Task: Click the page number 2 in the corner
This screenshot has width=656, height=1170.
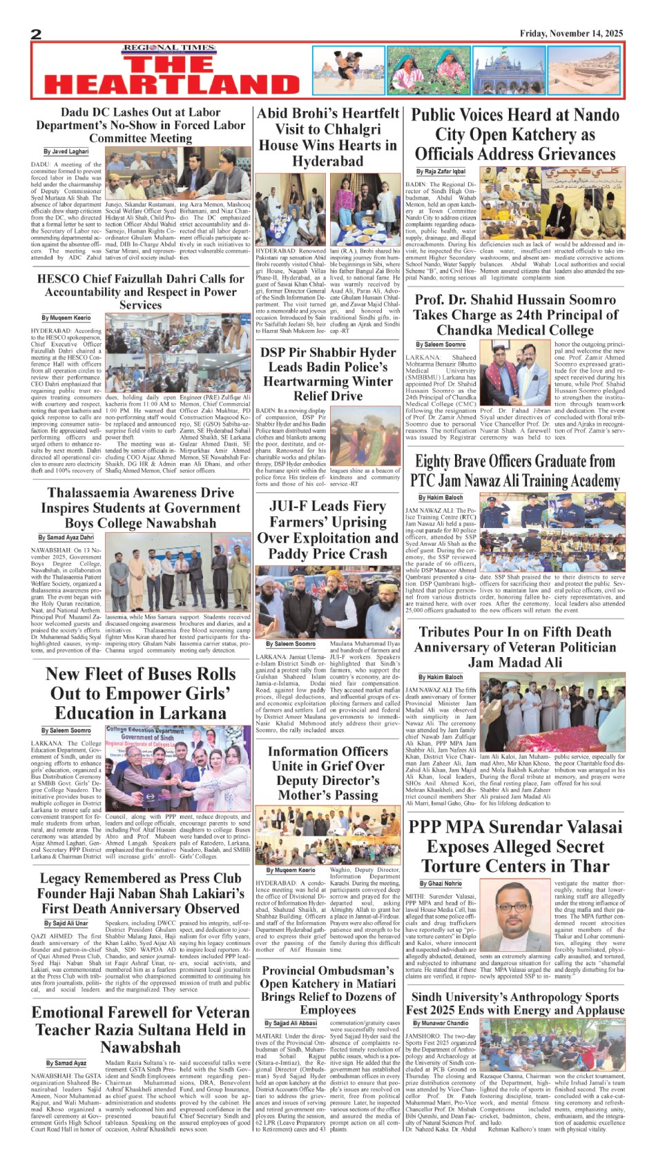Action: click(x=36, y=34)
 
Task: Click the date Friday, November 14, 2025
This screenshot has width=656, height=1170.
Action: click(x=571, y=33)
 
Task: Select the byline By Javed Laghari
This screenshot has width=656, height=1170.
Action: click(x=66, y=151)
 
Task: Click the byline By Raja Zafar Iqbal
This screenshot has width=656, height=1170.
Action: click(x=441, y=171)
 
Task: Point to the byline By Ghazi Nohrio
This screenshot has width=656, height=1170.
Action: click(x=441, y=883)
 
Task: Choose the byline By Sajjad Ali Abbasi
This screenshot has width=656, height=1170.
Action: click(x=291, y=1023)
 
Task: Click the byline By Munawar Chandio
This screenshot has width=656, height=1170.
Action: click(x=441, y=1023)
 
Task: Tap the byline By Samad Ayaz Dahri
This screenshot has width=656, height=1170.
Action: click(x=66, y=537)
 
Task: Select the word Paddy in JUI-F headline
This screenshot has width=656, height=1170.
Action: click(x=287, y=554)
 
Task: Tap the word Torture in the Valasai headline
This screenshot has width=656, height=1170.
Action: click(x=456, y=866)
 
